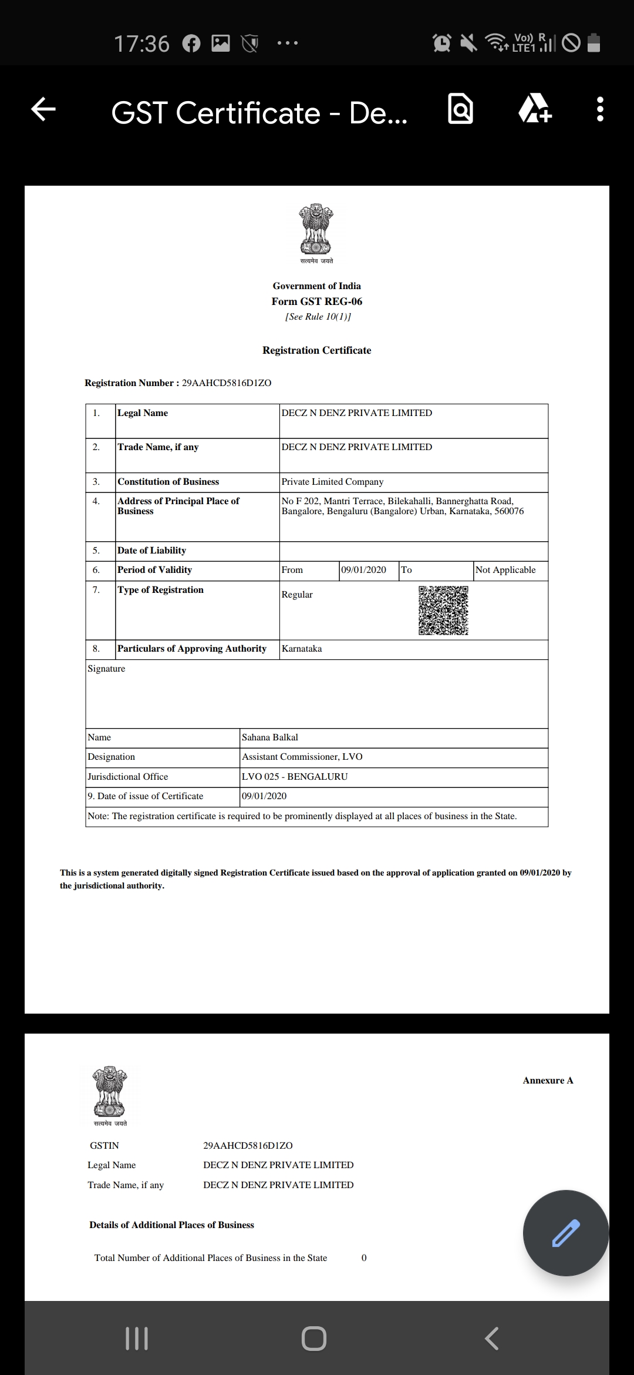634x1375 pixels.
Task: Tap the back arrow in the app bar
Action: click(43, 109)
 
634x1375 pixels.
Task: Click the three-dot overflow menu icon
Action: click(599, 109)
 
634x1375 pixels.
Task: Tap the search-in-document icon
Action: click(460, 109)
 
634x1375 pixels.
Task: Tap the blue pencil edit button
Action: click(565, 1233)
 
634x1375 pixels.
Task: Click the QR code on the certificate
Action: click(443, 610)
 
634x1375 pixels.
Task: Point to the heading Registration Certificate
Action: click(316, 350)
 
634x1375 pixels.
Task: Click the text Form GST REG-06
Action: click(316, 301)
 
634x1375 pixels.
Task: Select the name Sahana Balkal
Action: click(270, 737)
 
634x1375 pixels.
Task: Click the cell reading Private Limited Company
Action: click(332, 482)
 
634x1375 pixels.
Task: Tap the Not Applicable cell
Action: click(505, 570)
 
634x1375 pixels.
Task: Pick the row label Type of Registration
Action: click(160, 590)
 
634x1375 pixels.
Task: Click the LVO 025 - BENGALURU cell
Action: click(295, 777)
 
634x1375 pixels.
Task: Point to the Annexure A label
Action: click(548, 1080)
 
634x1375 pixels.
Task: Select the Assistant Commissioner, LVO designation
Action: click(302, 757)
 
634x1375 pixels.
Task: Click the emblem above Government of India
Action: click(316, 231)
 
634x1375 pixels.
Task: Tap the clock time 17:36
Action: click(141, 43)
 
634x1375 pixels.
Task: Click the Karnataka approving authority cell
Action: click(302, 649)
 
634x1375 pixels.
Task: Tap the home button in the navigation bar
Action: click(314, 1339)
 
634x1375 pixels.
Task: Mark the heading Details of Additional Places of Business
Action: click(171, 1225)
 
